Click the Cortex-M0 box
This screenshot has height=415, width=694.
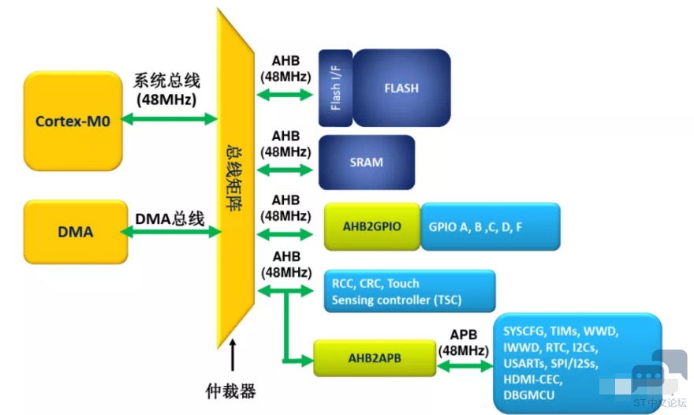pos(73,121)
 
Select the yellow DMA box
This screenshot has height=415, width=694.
pos(76,232)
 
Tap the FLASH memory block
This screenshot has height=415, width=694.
pos(401,88)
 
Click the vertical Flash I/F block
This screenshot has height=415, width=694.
pos(335,88)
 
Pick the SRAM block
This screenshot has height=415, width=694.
pos(367,162)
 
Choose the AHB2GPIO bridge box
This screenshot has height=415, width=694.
pos(371,226)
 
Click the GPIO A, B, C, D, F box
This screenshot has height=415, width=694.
pos(491,226)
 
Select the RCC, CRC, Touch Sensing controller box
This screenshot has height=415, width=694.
pos(409,291)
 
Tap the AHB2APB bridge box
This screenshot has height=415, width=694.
pos(375,358)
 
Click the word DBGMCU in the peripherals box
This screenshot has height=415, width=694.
pos(529,394)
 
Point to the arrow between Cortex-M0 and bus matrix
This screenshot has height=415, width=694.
pos(169,118)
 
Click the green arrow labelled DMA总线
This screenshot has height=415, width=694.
pos(171,232)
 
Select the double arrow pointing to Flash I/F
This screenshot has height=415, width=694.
pos(285,95)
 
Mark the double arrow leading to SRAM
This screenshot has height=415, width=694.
pos(285,170)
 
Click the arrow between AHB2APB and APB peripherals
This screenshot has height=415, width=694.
pos(465,366)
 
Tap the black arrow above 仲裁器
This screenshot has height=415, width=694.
pos(233,355)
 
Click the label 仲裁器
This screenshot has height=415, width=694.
pos(230,391)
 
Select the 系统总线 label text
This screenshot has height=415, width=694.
pos(167,80)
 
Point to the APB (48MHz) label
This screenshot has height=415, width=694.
pos(464,342)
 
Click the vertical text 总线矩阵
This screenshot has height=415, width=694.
pos(234,178)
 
